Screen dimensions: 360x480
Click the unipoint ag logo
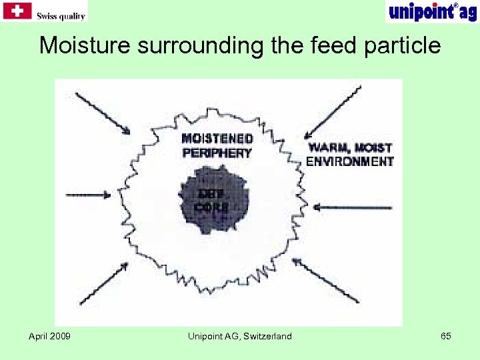431,11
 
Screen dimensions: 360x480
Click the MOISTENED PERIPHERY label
217,145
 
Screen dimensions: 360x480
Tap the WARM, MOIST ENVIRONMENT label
349,154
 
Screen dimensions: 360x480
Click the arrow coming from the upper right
333,113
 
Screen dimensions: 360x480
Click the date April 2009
50,336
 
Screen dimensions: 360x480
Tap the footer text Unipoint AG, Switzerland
240,336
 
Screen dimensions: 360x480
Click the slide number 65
446,336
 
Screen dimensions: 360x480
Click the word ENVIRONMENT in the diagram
349,161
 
